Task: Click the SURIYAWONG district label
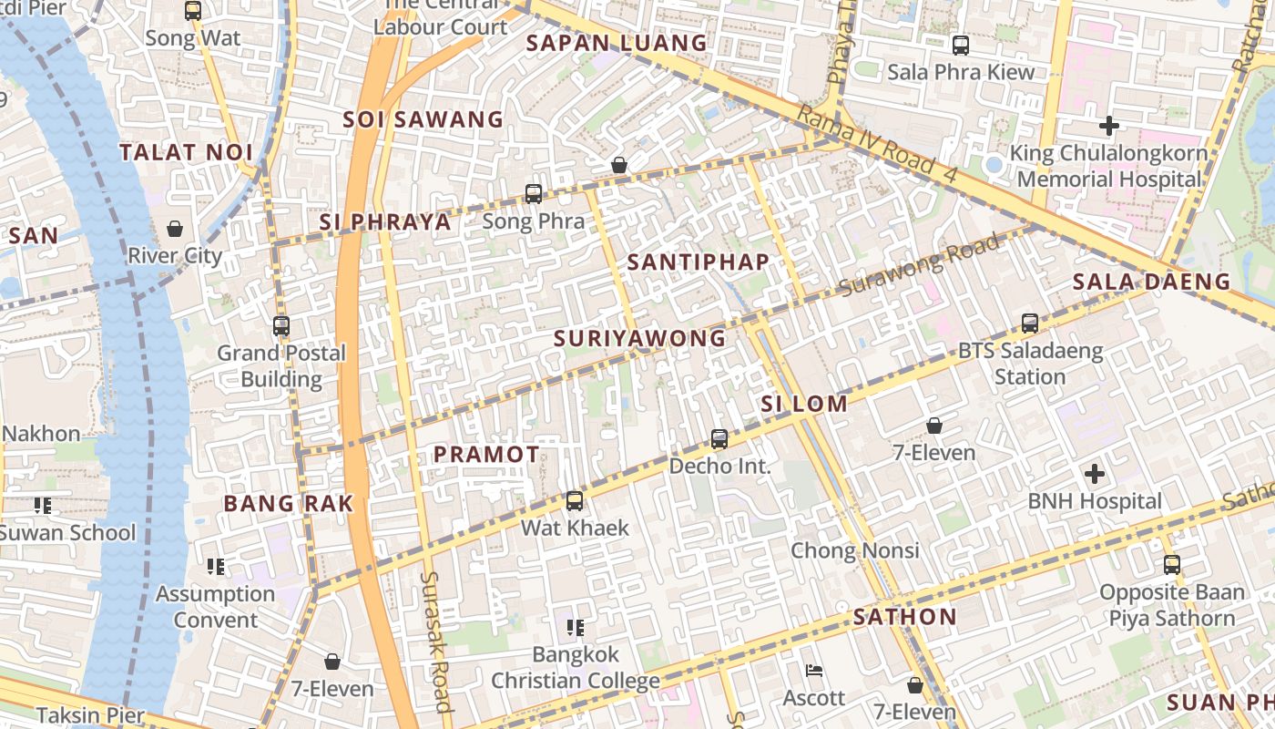(640, 339)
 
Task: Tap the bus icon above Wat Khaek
(575, 501)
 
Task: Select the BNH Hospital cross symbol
(1095, 474)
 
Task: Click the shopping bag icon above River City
(175, 228)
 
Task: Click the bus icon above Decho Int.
(719, 439)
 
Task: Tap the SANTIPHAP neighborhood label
(699, 262)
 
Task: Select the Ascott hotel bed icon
(815, 672)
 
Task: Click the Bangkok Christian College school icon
(575, 627)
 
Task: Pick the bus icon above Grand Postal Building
(281, 325)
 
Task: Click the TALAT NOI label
(186, 152)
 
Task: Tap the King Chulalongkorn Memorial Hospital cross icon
(1109, 125)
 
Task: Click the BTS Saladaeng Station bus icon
(1030, 323)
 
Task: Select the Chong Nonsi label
(854, 550)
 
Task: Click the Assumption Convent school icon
(216, 567)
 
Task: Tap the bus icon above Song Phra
(534, 193)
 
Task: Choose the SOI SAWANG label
(423, 119)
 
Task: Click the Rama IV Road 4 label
(877, 143)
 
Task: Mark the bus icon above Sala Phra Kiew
(961, 45)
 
